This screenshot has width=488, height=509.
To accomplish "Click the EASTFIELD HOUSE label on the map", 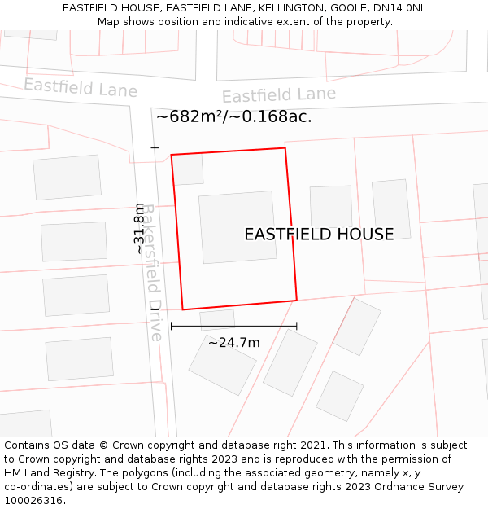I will point(319,235).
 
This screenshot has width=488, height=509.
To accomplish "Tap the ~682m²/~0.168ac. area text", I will point(233,116).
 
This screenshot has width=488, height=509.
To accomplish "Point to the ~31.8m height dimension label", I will point(140,228).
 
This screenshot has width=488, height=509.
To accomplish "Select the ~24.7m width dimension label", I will point(233,342).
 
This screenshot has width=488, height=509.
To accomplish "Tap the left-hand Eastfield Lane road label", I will point(81,87).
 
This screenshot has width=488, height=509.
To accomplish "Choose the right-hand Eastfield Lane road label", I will point(279,95).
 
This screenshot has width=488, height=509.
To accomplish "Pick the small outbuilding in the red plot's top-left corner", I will point(189,169).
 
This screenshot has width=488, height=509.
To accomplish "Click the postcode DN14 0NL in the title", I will point(399,8).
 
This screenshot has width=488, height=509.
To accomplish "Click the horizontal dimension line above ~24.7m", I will point(233,327).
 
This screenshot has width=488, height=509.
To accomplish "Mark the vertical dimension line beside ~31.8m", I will point(155,228).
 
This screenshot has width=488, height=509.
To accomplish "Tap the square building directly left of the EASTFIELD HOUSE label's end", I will point(331,206).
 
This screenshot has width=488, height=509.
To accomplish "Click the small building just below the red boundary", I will point(217,319).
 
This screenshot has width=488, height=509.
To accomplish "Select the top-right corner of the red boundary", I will point(285,148).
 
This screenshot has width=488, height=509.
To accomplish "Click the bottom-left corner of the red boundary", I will point(182,309).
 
